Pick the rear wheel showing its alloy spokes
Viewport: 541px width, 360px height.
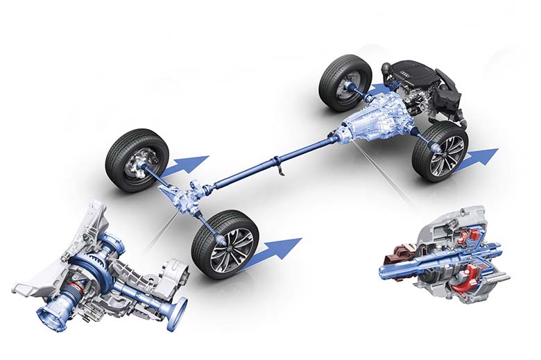[x=225, y=243]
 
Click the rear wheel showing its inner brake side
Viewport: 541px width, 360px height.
[x=137, y=160]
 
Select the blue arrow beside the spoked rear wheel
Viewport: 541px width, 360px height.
[x=274, y=251]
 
